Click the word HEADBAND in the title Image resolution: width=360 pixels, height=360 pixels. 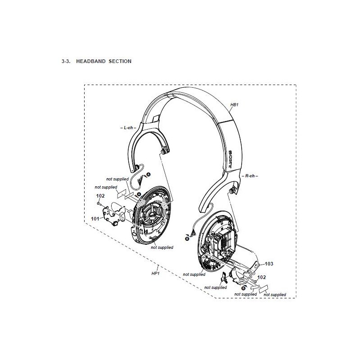coord(91,61)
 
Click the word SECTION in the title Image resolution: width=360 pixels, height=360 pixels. coord(120,61)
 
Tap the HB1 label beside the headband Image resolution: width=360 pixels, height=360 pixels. coord(234,105)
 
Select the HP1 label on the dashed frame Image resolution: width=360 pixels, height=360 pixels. coord(155,274)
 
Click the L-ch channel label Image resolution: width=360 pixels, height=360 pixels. coord(128,128)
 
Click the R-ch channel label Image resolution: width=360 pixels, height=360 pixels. coord(250,176)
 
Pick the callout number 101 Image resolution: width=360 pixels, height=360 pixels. coord(95,219)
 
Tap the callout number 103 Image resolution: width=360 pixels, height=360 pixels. coord(269,264)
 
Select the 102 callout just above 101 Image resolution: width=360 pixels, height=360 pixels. coord(100,196)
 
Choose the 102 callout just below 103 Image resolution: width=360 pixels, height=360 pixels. coord(261,277)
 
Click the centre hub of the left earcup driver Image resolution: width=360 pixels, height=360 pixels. coord(152,216)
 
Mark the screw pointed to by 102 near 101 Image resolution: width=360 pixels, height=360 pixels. coord(99,203)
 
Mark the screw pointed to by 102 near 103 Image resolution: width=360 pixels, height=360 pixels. coord(255,281)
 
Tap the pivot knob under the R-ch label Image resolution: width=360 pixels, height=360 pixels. coord(232,190)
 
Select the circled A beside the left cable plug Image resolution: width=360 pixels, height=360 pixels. coord(148,175)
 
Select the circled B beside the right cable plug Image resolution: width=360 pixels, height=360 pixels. coord(187,239)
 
